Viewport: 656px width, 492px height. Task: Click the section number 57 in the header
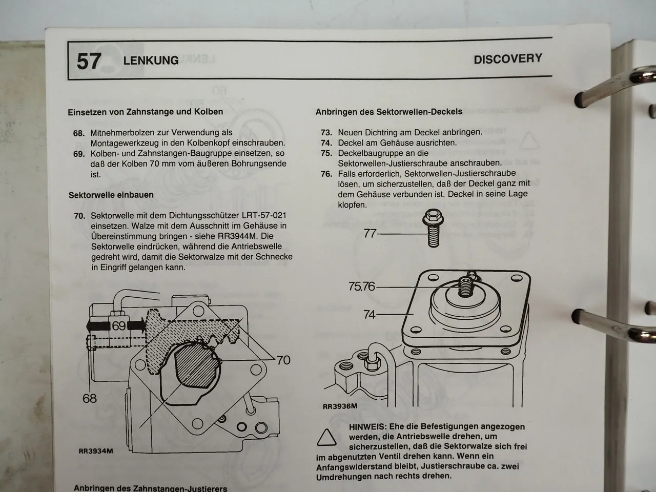[x=89, y=61]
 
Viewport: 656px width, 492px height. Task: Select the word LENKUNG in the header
[x=151, y=60]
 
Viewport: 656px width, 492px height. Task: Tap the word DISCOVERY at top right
[x=507, y=59]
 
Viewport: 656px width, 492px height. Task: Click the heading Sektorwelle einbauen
[x=111, y=195]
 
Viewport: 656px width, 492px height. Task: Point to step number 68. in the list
[x=79, y=133]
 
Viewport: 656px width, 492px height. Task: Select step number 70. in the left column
[x=79, y=216]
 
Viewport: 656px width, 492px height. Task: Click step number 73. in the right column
[x=326, y=132]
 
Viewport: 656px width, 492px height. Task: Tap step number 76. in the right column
[x=326, y=174]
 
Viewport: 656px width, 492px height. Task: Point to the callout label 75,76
[x=362, y=287]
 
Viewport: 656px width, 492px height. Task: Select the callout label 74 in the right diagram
[x=370, y=315]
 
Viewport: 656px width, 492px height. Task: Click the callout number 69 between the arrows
[x=118, y=325]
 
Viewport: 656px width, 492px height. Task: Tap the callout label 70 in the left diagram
[x=283, y=360]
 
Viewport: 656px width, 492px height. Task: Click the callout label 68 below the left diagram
[x=89, y=398]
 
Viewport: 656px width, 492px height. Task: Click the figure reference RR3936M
[x=339, y=407]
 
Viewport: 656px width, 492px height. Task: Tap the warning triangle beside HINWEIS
[x=326, y=438]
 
